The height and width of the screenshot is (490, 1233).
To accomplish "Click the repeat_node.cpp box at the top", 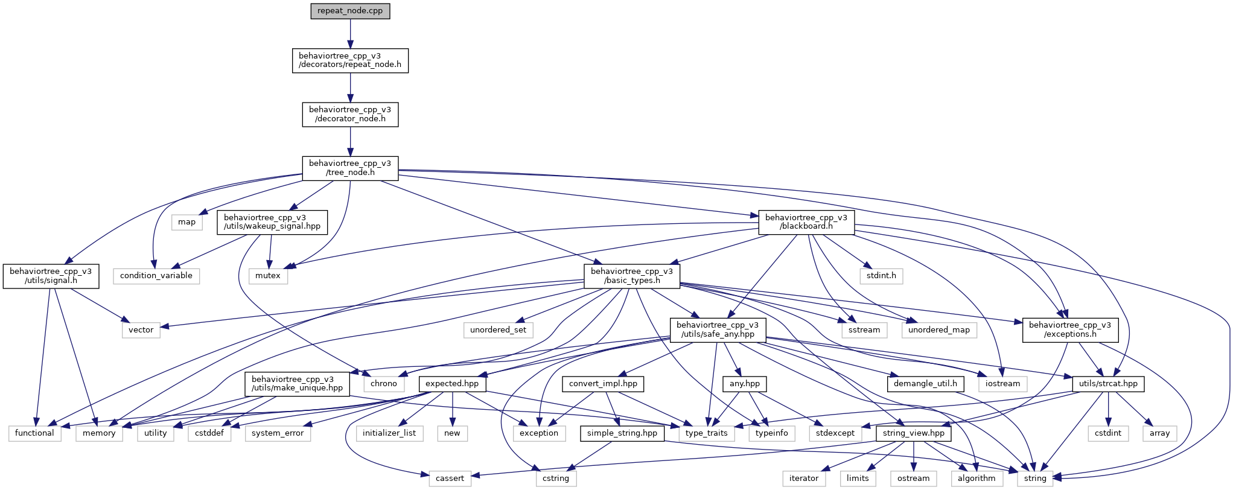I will click(350, 11).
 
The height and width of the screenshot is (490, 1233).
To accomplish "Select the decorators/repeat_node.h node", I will click(350, 60).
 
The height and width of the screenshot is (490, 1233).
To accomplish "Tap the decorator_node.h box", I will click(350, 114).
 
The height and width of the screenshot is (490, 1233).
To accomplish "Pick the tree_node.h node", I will click(350, 168).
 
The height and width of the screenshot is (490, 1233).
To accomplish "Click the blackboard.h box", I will click(806, 222).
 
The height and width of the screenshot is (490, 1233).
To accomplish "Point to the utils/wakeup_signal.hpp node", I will click(272, 222).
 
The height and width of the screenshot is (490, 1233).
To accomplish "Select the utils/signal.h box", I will click(51, 276).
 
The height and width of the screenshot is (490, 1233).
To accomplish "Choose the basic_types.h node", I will click(631, 276).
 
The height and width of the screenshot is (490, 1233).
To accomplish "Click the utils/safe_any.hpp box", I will click(718, 329).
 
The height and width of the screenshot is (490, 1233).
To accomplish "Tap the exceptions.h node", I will click(1069, 329).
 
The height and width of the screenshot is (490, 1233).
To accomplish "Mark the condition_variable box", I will click(156, 276).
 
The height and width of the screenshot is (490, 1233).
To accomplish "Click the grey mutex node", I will click(268, 276).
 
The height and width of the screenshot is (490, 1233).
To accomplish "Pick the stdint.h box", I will click(881, 276).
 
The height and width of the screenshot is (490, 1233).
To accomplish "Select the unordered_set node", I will click(498, 330).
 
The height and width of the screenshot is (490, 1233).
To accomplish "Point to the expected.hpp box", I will click(452, 384).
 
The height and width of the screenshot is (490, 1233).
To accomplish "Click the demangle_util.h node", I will click(925, 384).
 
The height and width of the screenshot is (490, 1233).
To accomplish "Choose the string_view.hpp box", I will click(913, 433).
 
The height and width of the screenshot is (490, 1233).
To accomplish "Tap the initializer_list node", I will click(389, 433).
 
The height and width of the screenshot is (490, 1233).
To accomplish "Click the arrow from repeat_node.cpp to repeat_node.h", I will click(350, 34).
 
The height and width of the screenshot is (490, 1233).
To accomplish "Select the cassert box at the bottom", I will click(450, 479).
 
